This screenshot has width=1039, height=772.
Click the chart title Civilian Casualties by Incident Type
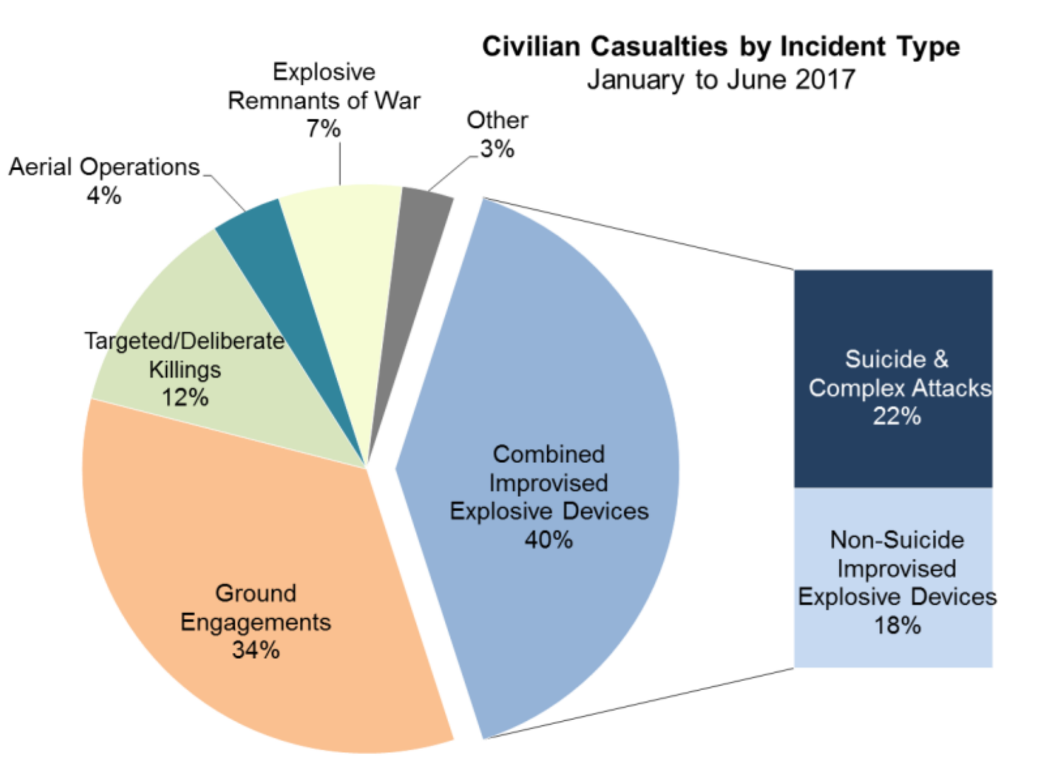point(720,47)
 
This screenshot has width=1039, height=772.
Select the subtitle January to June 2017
point(720,80)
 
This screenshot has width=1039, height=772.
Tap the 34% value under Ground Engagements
point(255,650)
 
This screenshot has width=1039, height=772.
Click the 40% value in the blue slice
point(548,540)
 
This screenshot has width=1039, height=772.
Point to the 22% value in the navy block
point(896,416)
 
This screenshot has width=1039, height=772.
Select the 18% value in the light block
point(897,625)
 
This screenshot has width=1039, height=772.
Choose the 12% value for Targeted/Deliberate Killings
point(185,398)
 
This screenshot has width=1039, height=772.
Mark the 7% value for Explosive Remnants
point(323,128)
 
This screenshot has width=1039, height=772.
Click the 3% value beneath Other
point(497,149)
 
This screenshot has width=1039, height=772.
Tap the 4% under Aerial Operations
point(104,196)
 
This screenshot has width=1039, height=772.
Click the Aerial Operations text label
point(104,167)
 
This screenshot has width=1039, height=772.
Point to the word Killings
point(185,369)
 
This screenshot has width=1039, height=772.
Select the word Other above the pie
point(497,121)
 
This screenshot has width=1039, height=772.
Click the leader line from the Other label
point(454,172)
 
